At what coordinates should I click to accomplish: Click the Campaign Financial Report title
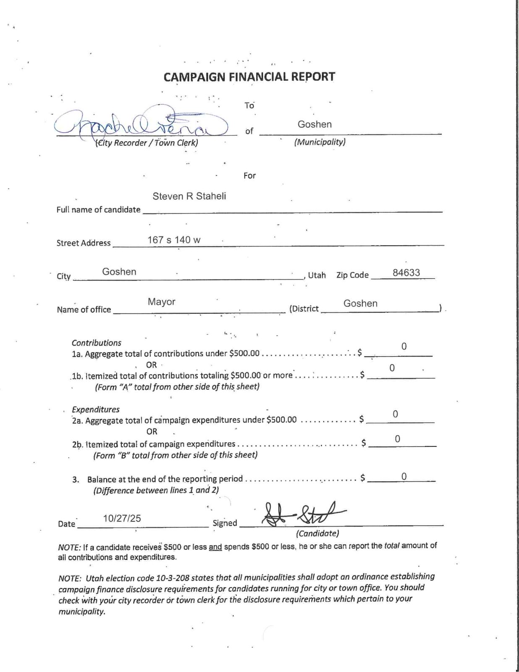[249, 77]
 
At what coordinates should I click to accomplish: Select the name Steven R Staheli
[189, 196]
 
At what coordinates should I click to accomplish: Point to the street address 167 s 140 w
[174, 240]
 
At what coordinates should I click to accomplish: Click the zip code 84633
[406, 273]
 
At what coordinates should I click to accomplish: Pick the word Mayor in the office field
[161, 302]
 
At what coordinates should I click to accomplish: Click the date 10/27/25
[122, 518]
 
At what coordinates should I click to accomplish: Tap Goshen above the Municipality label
[315, 124]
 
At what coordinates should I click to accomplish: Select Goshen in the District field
[360, 303]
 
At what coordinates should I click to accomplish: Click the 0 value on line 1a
[404, 346]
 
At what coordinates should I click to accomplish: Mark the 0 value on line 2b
[397, 439]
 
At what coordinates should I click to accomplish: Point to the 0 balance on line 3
[404, 476]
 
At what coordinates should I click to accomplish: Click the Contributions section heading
[96, 343]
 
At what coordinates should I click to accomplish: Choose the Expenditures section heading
[96, 409]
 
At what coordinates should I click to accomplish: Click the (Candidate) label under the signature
[317, 533]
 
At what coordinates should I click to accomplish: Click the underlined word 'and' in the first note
[215, 547]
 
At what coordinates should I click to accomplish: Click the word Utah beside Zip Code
[317, 275]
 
